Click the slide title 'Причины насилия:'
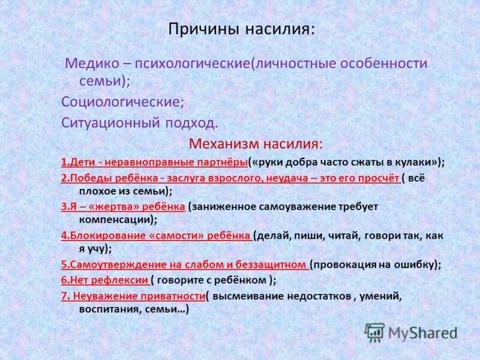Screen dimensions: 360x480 241,29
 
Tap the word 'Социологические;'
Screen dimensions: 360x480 122,101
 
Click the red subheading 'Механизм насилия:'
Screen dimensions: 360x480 256,144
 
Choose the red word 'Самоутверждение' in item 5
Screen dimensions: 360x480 107,264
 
